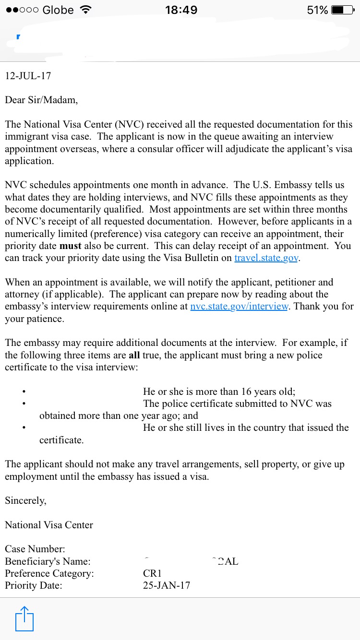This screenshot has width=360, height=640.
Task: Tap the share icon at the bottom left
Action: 24,618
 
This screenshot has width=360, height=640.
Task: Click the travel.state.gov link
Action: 266,258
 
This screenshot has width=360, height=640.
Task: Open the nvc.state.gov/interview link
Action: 240,307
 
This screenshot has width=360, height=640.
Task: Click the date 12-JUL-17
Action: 28,76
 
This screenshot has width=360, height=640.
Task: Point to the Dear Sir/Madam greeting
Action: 41,100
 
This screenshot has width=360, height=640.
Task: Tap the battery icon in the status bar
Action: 343,10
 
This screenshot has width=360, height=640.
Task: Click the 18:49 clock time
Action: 181,10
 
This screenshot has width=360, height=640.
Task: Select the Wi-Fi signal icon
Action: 85,10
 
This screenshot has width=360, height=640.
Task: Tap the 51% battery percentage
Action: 317,10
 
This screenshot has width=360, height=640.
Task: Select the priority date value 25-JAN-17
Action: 167,585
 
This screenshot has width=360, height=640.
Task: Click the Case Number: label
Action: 35,549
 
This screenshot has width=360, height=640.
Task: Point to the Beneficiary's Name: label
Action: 48,561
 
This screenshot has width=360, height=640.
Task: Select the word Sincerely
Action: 25,500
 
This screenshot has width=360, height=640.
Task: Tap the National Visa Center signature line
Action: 49,525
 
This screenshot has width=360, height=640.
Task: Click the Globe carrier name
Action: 58,10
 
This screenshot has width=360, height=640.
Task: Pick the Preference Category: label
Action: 49,573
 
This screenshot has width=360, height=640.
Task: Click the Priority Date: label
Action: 34,585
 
